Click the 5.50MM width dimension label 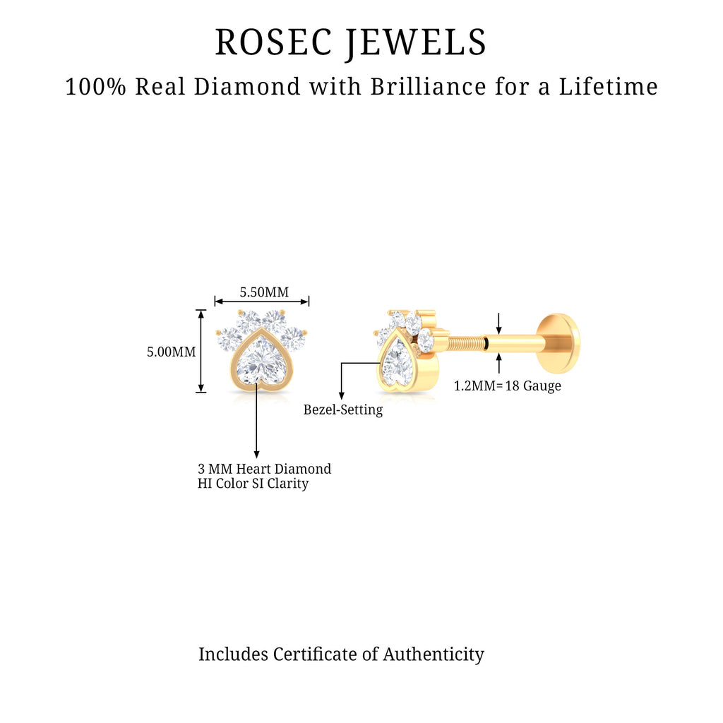(264, 292)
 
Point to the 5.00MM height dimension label (171, 351)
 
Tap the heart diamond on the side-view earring (395, 363)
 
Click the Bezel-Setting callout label (343, 410)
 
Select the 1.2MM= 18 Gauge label (507, 386)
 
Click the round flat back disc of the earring (557, 344)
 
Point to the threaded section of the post (462, 344)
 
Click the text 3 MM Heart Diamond (264, 469)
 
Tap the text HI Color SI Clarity (253, 484)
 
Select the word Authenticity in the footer (434, 654)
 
